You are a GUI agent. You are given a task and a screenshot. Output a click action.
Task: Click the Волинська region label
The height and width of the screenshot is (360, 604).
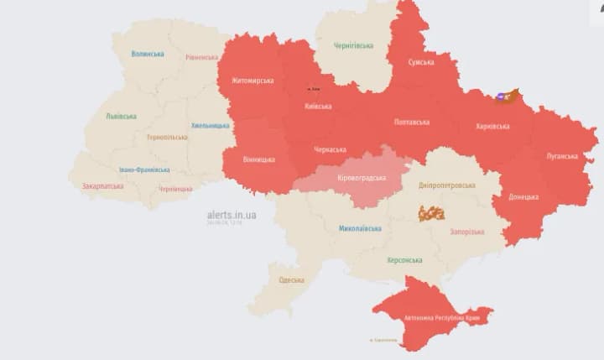coord(148,54)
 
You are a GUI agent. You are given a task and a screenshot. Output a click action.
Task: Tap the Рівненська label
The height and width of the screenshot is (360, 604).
coord(202,57)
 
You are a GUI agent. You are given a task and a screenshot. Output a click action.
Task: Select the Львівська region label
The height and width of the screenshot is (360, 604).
coord(122,116)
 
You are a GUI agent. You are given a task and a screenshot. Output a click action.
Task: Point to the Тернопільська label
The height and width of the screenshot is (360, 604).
coord(167,137)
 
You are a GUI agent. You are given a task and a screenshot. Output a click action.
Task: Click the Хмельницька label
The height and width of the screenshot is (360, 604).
coord(210,126)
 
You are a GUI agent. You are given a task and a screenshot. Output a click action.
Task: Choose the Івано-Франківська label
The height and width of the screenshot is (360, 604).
coord(144,170)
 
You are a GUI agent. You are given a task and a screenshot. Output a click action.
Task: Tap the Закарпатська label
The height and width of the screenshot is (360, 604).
coord(102,186)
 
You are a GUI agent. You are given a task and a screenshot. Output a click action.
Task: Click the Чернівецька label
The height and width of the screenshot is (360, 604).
coord(175,189)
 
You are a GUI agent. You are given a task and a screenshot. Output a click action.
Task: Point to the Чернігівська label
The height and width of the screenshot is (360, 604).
coord(353,45)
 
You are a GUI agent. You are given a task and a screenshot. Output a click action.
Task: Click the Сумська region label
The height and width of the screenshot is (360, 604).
coord(421,62)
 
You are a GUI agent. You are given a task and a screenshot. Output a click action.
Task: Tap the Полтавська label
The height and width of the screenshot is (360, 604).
coord(412,122)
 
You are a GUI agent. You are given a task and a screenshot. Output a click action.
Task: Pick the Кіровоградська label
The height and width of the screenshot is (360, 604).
coord(362,178)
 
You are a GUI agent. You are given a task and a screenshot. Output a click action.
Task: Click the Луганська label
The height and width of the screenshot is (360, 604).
coord(562,156)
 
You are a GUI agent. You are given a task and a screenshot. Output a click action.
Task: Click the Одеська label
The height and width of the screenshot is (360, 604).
coord(291,279)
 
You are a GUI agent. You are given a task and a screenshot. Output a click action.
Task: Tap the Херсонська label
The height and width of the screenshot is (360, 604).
coord(404,260)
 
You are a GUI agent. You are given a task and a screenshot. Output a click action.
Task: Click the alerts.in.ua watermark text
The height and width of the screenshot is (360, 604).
coord(232,215)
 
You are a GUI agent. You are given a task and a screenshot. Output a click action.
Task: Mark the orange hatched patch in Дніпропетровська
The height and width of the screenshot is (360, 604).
coord(431,213)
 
